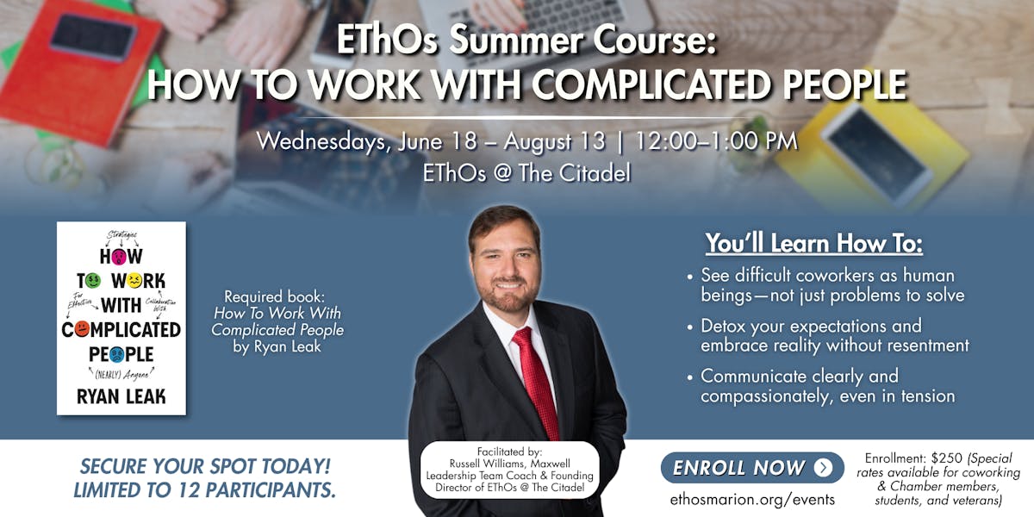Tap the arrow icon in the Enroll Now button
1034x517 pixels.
[x=824, y=468]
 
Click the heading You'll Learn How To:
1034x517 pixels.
[x=813, y=244]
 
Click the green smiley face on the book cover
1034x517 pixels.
[x=94, y=280]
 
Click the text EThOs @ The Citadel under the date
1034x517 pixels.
[x=526, y=172]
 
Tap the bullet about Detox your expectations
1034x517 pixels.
[x=834, y=336]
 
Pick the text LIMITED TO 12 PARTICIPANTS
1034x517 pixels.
[x=205, y=490]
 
